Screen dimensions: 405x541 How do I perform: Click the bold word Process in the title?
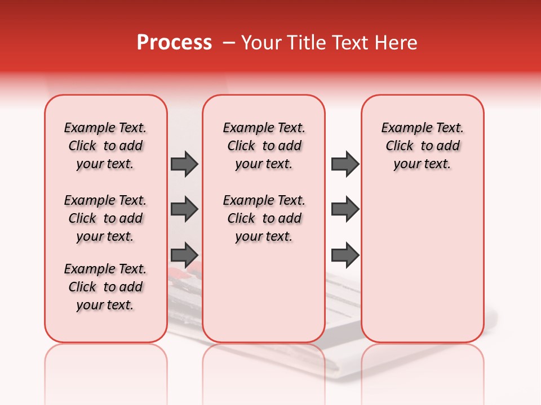click(x=174, y=43)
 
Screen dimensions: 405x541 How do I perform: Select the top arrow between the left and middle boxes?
click(x=184, y=164)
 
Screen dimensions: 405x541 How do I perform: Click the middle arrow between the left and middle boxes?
click(x=184, y=209)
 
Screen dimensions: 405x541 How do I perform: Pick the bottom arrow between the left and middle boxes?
click(x=184, y=255)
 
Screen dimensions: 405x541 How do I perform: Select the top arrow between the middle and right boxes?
click(x=345, y=164)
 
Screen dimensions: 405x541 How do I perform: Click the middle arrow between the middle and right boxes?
click(x=345, y=209)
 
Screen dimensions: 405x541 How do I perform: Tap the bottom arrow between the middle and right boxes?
click(x=345, y=255)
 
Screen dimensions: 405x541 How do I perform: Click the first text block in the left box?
click(x=105, y=146)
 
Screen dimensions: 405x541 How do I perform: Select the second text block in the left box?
click(x=105, y=218)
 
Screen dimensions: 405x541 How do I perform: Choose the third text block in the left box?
click(x=105, y=287)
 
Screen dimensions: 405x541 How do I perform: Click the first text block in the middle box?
click(x=264, y=146)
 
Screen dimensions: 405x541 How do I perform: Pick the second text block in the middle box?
click(x=264, y=218)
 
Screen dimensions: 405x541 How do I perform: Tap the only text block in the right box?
click(x=423, y=146)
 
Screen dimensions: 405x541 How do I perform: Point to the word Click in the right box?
click(x=400, y=146)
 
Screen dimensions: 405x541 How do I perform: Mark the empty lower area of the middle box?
click(x=264, y=292)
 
